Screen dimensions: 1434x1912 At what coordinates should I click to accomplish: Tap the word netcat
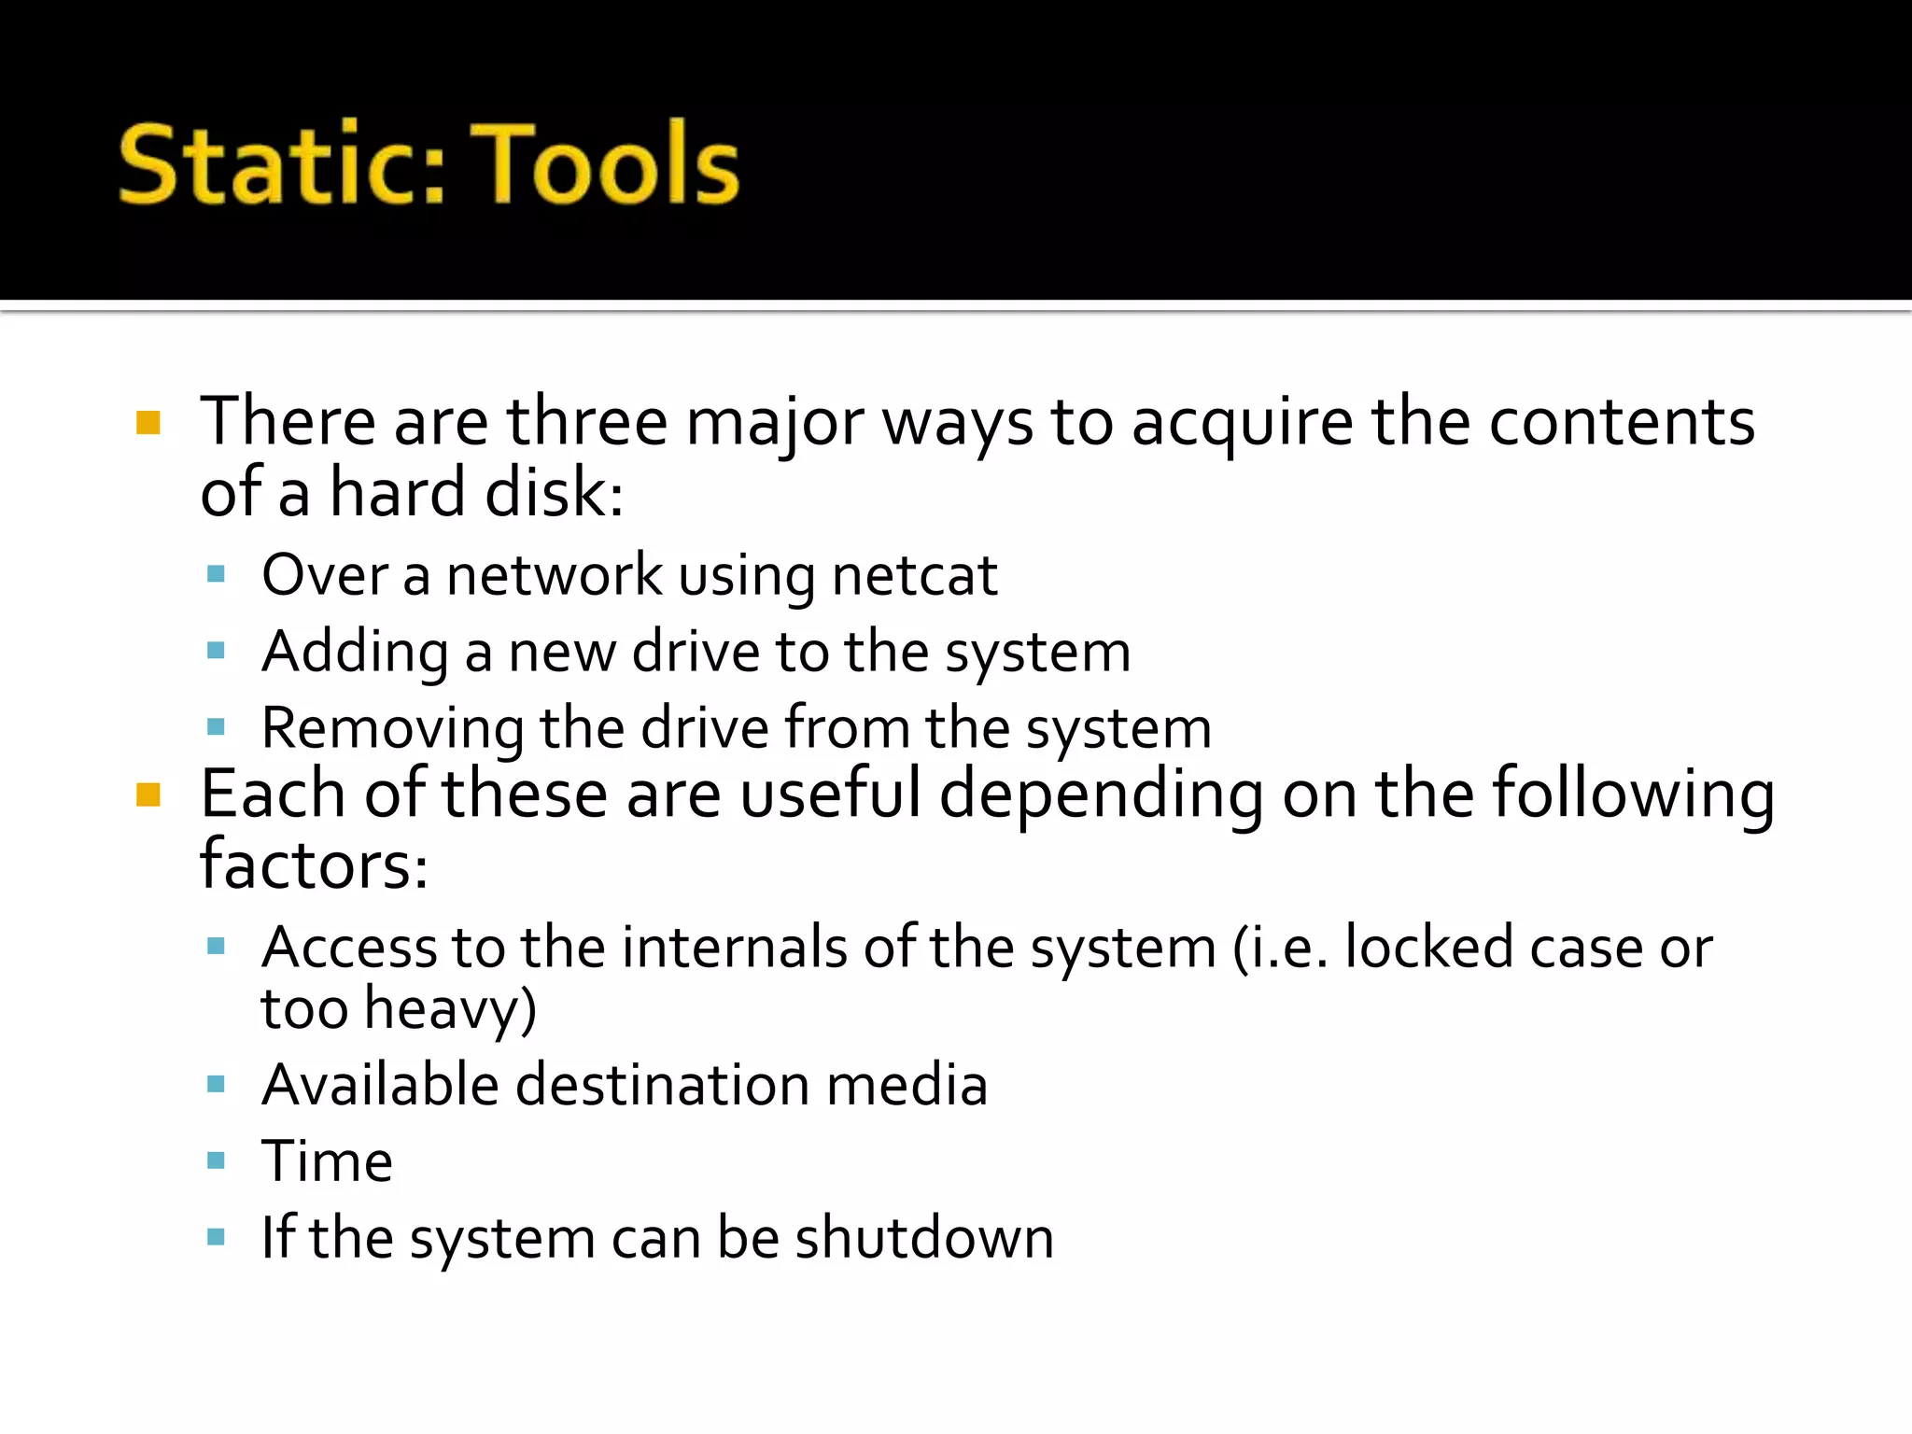(914, 575)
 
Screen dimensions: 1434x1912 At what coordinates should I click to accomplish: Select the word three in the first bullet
(587, 422)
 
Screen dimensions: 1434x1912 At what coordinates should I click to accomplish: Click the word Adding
(355, 652)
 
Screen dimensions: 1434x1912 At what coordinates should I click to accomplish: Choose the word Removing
(392, 729)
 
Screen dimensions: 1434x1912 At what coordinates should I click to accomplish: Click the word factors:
(314, 865)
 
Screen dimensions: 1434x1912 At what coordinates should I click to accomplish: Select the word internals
(734, 948)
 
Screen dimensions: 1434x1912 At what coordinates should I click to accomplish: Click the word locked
(1428, 948)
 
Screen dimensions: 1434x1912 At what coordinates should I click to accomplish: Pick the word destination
(662, 1085)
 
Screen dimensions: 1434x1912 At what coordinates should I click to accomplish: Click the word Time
(327, 1161)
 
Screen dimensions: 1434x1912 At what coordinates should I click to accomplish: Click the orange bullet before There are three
(148, 424)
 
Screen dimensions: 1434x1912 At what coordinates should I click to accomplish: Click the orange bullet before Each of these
(148, 795)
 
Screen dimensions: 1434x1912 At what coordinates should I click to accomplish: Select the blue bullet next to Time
(216, 1161)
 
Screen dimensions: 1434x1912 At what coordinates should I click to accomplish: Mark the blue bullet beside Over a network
(216, 574)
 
